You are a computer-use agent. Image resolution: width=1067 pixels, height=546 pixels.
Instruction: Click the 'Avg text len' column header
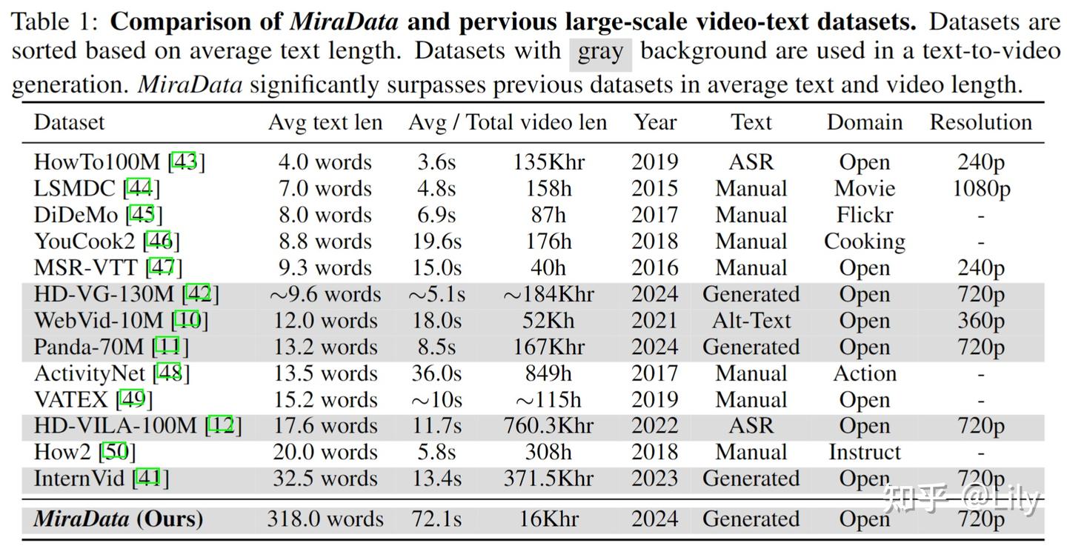(325, 122)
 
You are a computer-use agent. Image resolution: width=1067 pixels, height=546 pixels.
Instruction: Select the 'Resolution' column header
(980, 122)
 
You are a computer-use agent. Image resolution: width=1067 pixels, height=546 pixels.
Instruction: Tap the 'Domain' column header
(864, 122)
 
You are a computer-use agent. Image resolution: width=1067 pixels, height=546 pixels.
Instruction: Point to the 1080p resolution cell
(980, 188)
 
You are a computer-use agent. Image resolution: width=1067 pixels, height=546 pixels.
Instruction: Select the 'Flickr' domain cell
(864, 215)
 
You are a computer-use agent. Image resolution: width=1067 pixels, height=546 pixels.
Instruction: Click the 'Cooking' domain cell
(864, 242)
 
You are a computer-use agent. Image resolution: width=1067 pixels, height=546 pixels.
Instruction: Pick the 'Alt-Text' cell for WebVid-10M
(751, 321)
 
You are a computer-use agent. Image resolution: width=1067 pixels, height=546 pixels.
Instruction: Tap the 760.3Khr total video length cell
(548, 426)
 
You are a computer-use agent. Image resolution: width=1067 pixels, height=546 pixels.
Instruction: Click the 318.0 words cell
(325, 519)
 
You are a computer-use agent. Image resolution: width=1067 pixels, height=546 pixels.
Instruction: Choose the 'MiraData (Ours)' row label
(118, 519)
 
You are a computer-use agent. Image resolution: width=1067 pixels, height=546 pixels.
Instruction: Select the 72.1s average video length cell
(436, 519)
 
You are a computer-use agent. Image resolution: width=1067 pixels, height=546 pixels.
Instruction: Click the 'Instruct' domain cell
(864, 452)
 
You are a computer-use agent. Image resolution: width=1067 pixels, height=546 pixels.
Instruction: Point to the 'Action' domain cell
(864, 373)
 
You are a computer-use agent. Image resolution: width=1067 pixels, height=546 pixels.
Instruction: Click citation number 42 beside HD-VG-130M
(200, 294)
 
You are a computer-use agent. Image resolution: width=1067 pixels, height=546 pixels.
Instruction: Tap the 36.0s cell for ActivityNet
(436, 373)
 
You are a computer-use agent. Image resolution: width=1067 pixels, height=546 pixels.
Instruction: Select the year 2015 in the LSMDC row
(654, 188)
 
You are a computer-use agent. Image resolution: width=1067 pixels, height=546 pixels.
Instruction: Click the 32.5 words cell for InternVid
(325, 479)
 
